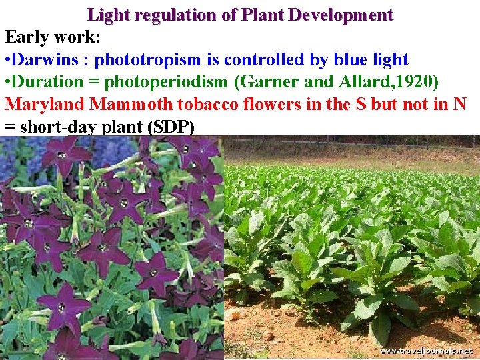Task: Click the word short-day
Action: [57, 127]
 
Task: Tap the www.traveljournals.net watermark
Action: [426, 351]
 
